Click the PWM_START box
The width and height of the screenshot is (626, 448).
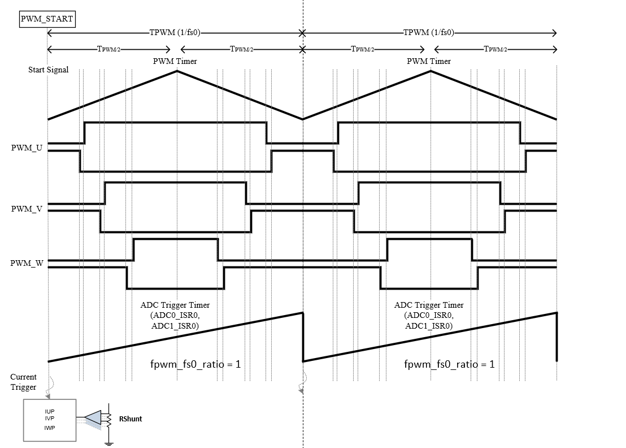pos(47,19)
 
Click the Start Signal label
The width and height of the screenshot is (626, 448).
pos(49,70)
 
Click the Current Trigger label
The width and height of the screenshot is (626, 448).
pos(23,382)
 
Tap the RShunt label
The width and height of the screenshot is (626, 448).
pos(130,419)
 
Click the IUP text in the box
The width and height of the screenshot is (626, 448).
pos(49,411)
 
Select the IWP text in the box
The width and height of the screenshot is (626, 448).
pos(49,428)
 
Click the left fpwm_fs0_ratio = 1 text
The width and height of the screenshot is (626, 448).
pos(195,364)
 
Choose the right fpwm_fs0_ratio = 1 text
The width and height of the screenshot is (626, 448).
pos(449,364)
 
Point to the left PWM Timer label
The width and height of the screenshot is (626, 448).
pos(175,61)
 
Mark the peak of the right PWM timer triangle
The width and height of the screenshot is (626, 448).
pos(431,71)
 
